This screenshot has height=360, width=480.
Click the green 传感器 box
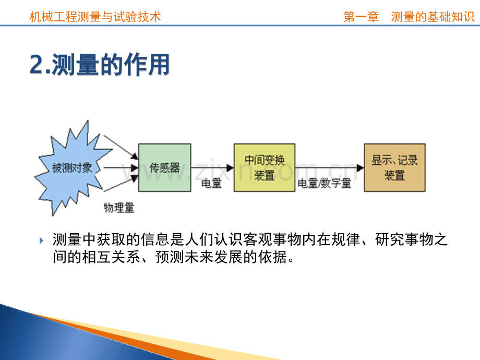165,168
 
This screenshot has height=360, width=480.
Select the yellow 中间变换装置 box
265,168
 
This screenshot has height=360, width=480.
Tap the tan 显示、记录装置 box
394,168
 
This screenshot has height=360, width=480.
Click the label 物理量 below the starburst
119,208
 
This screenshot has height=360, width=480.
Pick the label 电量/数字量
324,183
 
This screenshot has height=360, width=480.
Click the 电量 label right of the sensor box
211,183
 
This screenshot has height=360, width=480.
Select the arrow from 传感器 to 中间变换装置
212,168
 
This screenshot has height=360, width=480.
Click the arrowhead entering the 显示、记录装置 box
361,168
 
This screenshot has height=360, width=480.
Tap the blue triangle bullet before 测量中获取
41,241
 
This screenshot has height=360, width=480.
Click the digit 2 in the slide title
37,64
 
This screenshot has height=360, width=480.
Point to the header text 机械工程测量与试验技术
95,17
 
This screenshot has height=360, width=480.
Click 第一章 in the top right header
361,17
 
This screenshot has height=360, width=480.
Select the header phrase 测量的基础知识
433,17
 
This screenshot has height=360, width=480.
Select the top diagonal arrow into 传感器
121,147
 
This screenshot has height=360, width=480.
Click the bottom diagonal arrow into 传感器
121,183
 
